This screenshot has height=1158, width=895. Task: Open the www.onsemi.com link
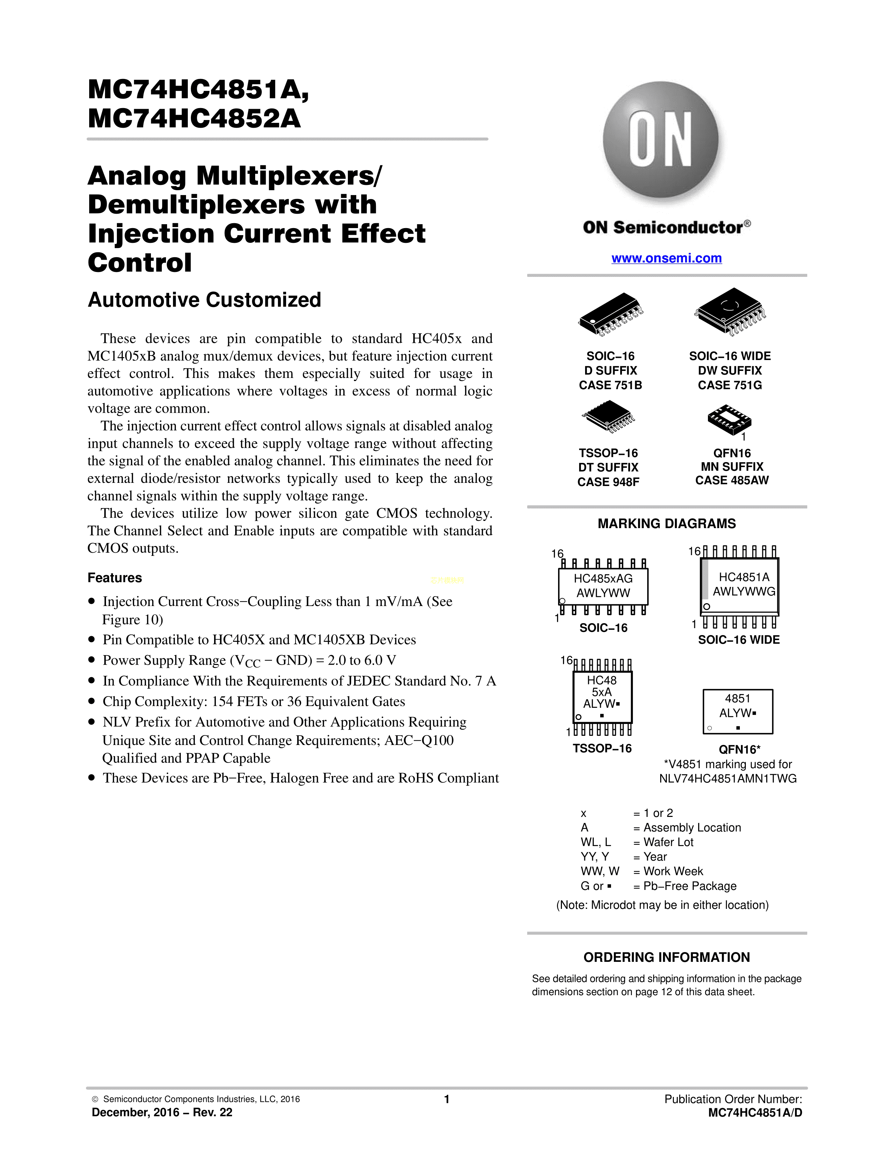coord(667,258)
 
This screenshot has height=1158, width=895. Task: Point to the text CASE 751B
coord(610,385)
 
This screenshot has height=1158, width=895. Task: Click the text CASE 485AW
coord(732,480)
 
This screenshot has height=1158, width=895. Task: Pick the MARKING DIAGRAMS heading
coord(667,524)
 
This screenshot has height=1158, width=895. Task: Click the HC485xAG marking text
coord(603,578)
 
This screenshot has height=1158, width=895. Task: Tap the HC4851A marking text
coord(744,577)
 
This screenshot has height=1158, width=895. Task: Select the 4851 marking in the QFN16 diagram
coord(737,698)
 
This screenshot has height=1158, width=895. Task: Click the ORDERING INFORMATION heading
coord(667,958)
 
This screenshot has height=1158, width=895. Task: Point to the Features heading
coord(114,578)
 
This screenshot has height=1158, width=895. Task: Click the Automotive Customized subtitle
coord(204,300)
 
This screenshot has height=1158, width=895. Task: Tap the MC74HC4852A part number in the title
coord(194,119)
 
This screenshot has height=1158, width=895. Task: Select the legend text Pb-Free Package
coord(690,886)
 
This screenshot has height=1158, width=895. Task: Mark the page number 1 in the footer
coord(447,1099)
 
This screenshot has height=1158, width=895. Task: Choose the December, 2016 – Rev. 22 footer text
coord(162,1112)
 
